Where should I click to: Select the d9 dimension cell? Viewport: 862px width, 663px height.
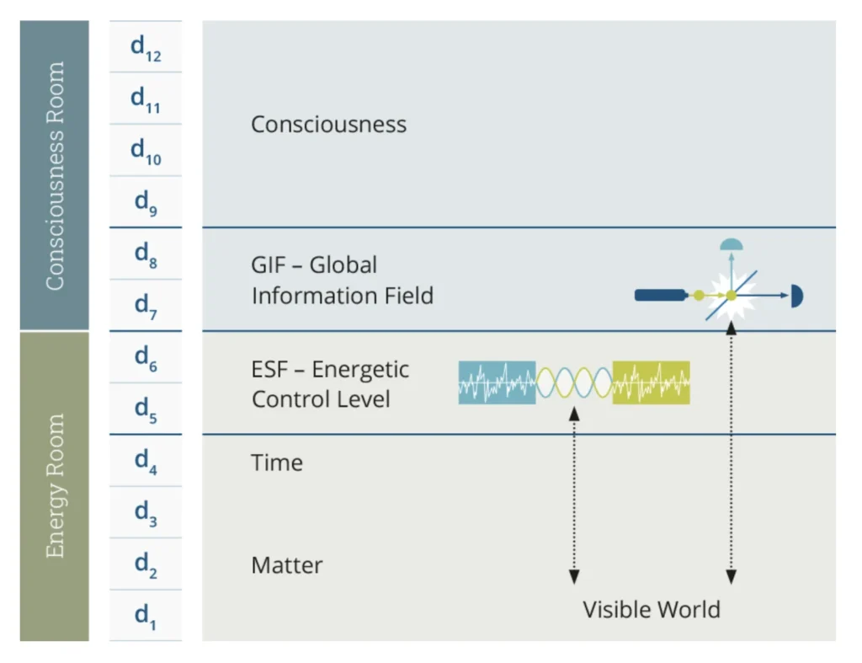tap(145, 202)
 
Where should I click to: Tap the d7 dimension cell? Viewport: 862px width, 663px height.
tap(145, 305)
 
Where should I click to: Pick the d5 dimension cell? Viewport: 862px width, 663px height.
tap(145, 409)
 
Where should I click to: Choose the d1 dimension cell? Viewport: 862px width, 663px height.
tap(145, 616)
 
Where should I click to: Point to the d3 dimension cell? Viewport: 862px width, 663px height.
tap(145, 512)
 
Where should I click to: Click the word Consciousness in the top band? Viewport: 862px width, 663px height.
tap(328, 125)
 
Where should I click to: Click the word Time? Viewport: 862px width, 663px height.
tap(277, 462)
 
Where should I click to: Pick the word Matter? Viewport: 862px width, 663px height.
tap(286, 564)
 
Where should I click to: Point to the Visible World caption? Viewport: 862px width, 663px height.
tap(652, 609)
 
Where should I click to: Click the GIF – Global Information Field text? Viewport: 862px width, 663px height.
tap(342, 280)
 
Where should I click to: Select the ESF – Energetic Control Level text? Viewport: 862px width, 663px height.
tap(330, 383)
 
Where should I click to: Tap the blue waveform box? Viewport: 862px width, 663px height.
tap(497, 382)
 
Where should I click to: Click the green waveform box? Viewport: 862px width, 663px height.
tap(651, 382)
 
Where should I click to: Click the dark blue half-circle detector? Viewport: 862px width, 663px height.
tap(797, 296)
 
